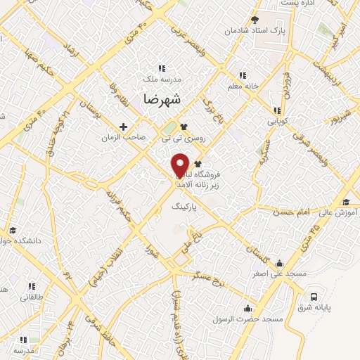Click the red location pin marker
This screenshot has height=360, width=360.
coord(180,165)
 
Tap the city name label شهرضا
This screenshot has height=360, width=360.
coord(161,99)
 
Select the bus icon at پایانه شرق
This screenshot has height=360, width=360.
coord(313,296)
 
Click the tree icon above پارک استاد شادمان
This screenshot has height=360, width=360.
coord(255,19)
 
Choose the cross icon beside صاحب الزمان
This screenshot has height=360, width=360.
coord(124,127)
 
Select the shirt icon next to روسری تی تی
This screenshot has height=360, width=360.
coord(184,127)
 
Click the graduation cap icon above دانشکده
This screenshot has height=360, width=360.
coord(12,231)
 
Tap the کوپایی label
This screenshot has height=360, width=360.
coord(279,122)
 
